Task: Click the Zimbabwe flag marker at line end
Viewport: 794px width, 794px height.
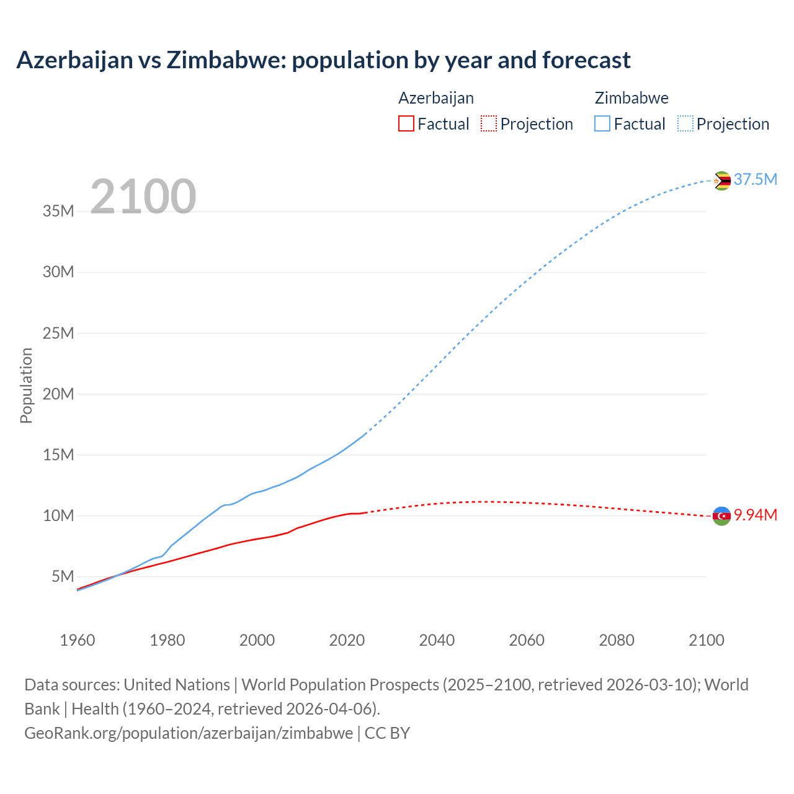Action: (721, 181)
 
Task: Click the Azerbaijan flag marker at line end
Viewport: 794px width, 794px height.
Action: (721, 515)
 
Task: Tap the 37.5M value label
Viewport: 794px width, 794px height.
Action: (755, 179)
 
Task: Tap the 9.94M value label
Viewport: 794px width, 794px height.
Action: (755, 515)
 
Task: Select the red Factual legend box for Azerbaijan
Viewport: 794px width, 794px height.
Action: (406, 124)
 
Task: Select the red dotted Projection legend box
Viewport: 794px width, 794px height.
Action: (489, 124)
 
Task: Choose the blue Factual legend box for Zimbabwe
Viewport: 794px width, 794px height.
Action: (602, 124)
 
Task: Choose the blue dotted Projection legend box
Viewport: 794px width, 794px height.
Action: (685, 124)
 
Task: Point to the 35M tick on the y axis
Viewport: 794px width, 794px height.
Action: (58, 211)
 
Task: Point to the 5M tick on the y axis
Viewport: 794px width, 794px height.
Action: (63, 576)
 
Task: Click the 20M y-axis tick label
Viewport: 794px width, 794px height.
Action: (58, 394)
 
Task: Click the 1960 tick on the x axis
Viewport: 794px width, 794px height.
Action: (78, 640)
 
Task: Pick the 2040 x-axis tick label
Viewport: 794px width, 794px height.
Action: (437, 640)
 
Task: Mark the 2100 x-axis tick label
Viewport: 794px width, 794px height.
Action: (706, 640)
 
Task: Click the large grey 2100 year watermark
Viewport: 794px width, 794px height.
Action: (143, 197)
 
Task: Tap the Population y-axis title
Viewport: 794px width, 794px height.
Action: (26, 385)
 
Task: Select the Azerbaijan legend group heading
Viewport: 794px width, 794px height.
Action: (436, 98)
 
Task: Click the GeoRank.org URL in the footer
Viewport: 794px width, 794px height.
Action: (189, 733)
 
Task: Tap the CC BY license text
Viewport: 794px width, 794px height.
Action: (387, 733)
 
